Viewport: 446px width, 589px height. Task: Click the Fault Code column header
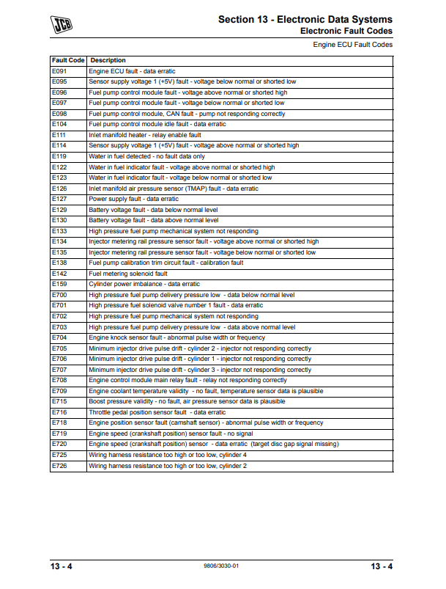[x=68, y=60]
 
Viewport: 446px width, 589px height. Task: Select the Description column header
[x=108, y=60]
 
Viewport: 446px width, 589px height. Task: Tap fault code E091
[x=59, y=71]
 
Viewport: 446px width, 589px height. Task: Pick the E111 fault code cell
[x=59, y=135]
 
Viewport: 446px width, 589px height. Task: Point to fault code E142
[x=59, y=274]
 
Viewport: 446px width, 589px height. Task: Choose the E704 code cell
[x=59, y=337]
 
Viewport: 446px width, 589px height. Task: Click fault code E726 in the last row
[x=59, y=466]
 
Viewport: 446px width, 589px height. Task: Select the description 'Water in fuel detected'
[x=146, y=156]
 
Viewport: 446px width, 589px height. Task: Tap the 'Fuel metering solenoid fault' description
[x=128, y=274]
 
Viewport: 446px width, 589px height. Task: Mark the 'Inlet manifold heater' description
[x=145, y=135]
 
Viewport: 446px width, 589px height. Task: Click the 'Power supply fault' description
[x=133, y=199]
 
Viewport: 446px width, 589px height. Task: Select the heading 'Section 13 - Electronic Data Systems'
[x=305, y=19]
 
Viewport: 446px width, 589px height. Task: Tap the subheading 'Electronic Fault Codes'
[x=346, y=31]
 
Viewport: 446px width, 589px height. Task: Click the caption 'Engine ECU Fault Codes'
[x=352, y=45]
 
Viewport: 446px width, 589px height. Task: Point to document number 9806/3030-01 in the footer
[x=223, y=566]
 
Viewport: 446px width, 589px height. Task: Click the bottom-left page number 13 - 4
[x=62, y=566]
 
